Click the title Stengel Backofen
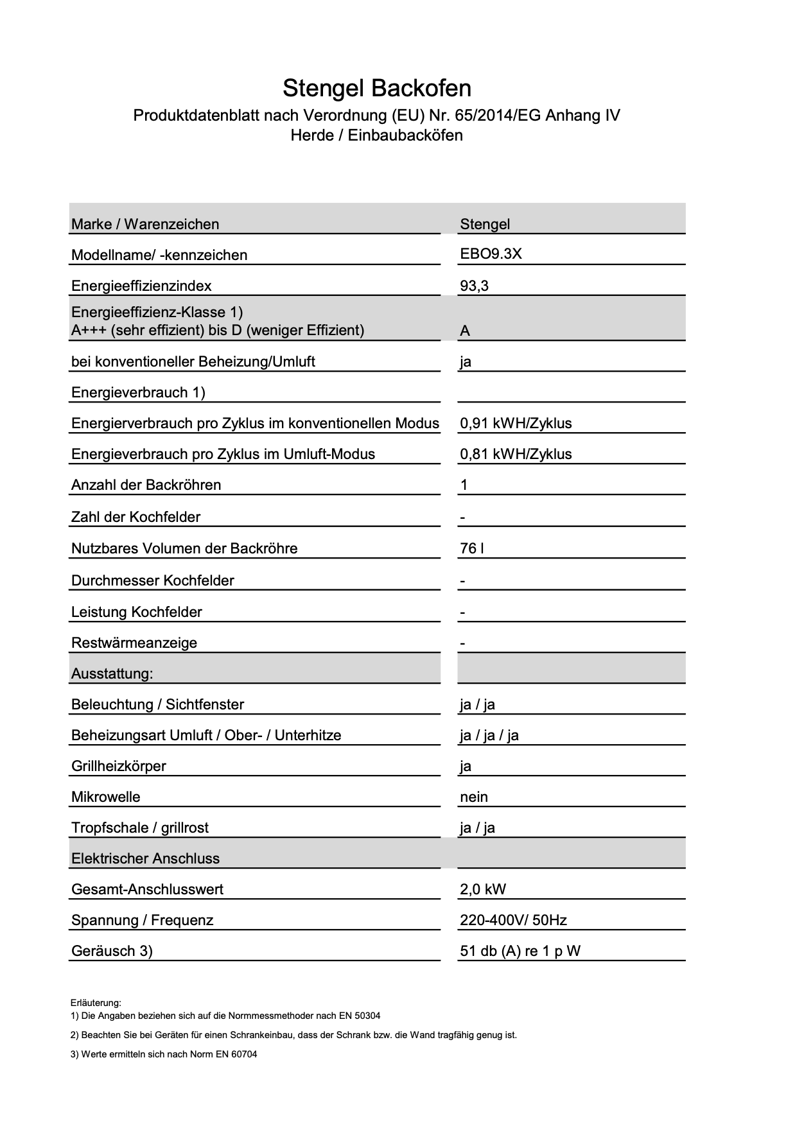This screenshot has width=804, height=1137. click(x=377, y=88)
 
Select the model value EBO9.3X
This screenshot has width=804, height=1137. click(x=491, y=254)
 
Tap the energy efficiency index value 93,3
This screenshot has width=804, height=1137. click(x=474, y=286)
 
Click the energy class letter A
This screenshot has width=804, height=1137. click(x=465, y=331)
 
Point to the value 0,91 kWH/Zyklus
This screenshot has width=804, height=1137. click(x=516, y=423)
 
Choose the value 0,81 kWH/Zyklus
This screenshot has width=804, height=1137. click(x=516, y=454)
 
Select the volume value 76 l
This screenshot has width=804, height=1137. click(x=472, y=548)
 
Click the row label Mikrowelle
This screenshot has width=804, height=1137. click(x=105, y=797)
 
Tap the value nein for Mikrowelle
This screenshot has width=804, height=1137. click(x=474, y=797)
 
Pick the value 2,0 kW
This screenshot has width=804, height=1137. click(x=483, y=889)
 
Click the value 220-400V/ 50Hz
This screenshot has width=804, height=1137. click(x=513, y=920)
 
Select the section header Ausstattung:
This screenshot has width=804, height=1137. click(x=112, y=673)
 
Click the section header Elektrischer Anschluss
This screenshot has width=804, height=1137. click(x=145, y=858)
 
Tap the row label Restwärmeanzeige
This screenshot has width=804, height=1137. click(x=134, y=643)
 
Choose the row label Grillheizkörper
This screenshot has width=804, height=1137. click(x=119, y=766)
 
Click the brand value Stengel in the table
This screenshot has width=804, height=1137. click(x=485, y=224)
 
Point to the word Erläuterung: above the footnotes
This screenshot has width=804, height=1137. click(x=96, y=1002)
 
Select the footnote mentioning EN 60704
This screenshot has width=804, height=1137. click(x=164, y=1054)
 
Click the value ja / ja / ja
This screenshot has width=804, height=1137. click(x=489, y=735)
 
